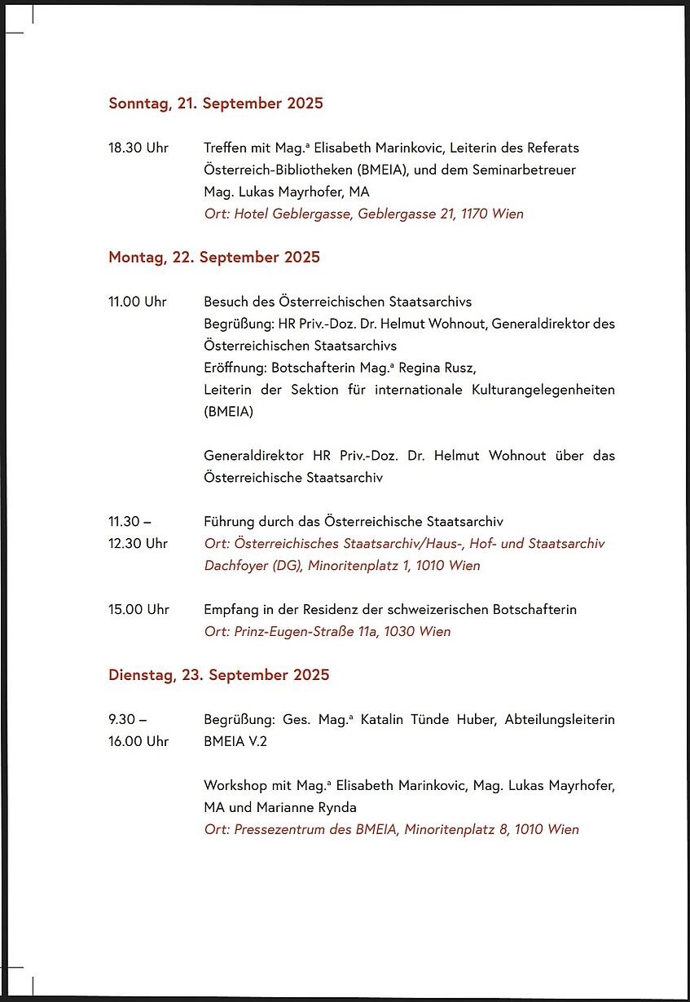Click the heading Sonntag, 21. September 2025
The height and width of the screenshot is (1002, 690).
point(216,104)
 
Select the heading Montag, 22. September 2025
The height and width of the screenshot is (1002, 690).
point(214,258)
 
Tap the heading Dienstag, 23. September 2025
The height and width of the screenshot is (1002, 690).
point(219,675)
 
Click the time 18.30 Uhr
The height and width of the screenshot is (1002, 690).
point(138,148)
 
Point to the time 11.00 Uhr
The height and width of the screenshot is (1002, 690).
point(138,302)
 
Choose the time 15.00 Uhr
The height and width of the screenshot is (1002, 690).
point(138,609)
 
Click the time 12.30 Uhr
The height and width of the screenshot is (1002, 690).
point(138,543)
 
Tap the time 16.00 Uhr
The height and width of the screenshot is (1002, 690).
point(138,741)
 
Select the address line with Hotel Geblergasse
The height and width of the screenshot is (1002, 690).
point(363,214)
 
